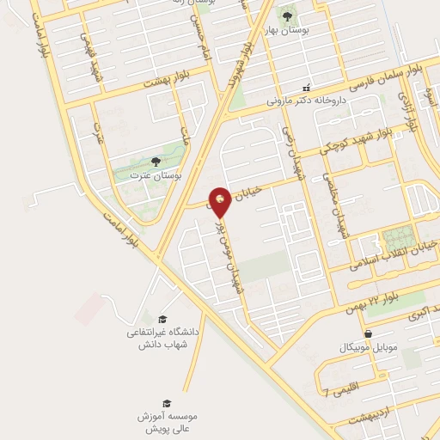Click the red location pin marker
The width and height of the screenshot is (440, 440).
pos(220,200)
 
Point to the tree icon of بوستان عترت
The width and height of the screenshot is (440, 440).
pos(155,161)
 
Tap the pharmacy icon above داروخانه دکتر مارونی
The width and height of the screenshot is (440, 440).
pos(305,88)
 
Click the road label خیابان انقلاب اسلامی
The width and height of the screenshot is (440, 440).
pos(391,258)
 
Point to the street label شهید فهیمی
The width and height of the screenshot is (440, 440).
pos(87,50)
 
